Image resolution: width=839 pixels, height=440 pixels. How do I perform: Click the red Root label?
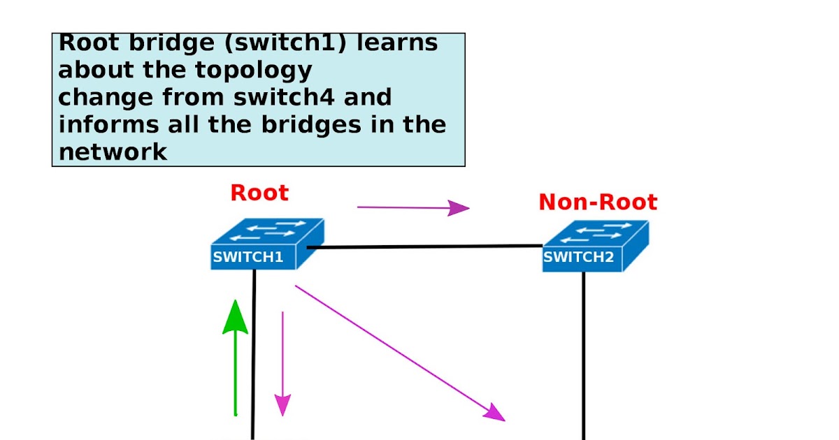point(259,193)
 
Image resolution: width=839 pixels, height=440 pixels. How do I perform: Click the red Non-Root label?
point(598,203)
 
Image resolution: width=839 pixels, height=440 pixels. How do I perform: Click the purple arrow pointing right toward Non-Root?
point(413,207)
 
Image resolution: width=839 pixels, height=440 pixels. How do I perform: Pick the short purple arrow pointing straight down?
point(282,363)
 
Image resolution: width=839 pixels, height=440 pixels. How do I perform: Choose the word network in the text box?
point(113,152)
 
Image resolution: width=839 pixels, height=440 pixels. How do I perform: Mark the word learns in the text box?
point(397,43)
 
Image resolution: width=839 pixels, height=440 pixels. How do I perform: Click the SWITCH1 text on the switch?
point(248,257)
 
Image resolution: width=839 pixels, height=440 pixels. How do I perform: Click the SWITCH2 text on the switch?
point(578,257)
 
